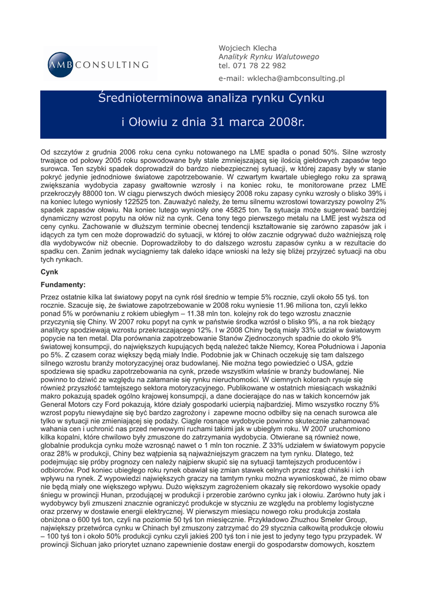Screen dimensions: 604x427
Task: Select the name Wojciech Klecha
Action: pyautogui.click(x=248, y=47)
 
